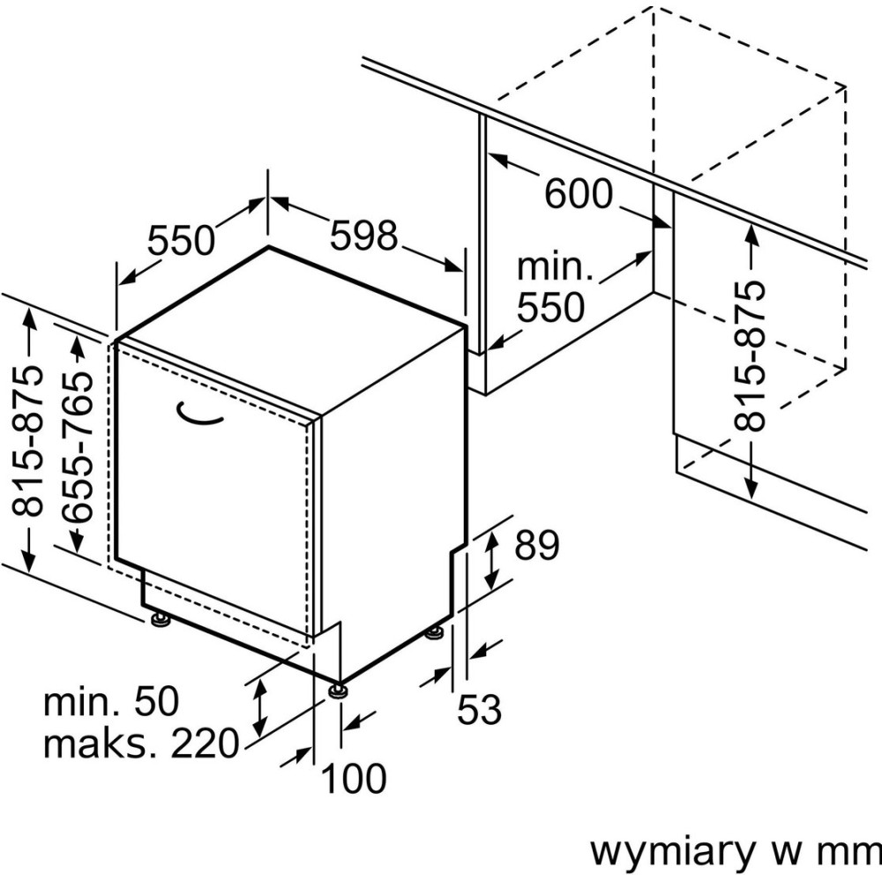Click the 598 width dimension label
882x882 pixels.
click(364, 235)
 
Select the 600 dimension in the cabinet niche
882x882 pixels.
click(578, 193)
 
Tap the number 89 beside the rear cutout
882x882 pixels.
click(537, 546)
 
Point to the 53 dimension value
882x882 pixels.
click(479, 708)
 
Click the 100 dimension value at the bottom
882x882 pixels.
click(353, 779)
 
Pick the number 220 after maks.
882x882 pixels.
click(205, 744)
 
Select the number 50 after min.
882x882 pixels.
click(154, 703)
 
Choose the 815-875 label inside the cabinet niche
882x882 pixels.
click(750, 355)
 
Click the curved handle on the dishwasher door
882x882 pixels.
click(201, 415)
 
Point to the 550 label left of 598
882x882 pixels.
click(181, 240)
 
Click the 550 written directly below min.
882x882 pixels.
click(550, 307)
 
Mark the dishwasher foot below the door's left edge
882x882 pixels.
click(161, 620)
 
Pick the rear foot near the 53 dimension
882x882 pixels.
click(434, 633)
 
